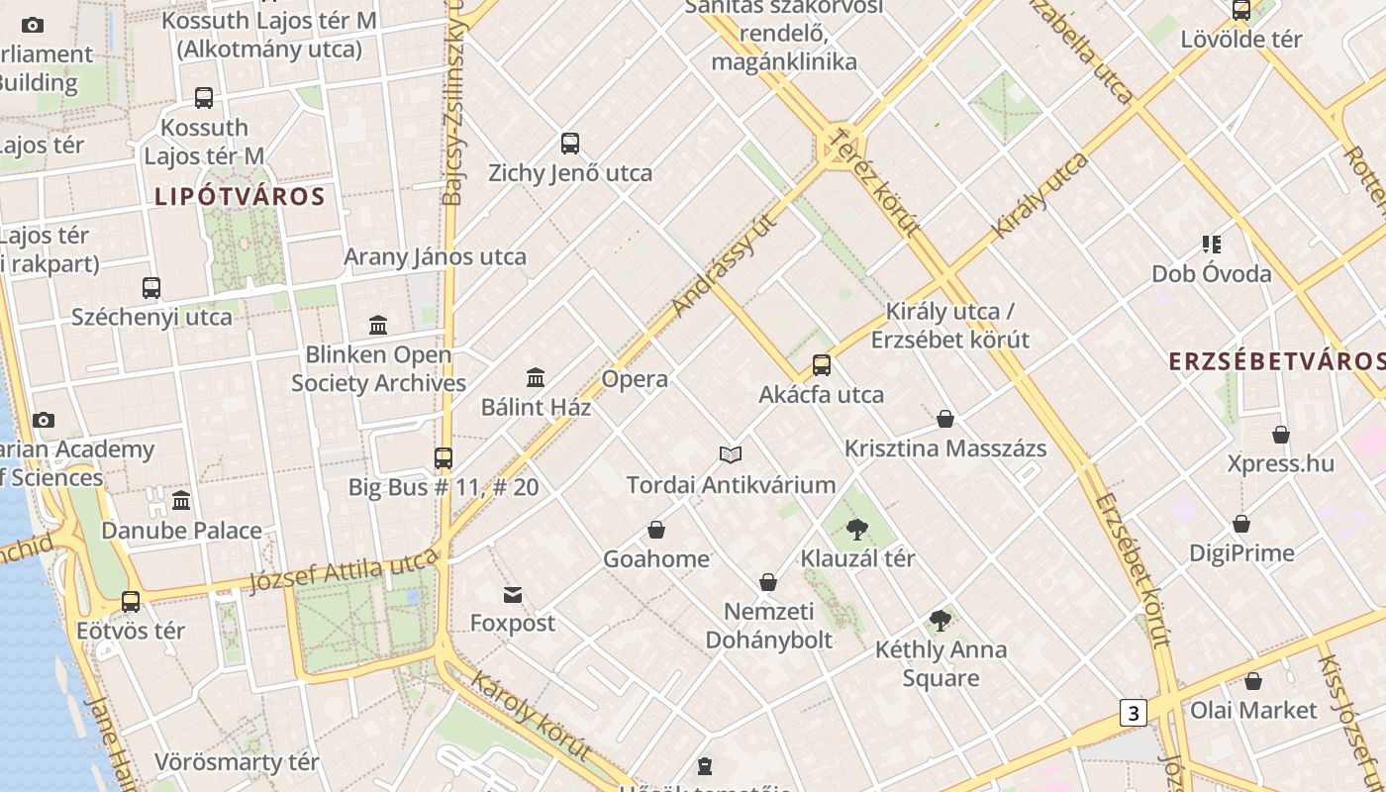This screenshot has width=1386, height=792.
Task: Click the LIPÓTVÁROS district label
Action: coord(240,196)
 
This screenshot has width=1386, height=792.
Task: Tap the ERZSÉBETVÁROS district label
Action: coord(1276,360)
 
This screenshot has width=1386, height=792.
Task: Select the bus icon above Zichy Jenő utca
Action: coord(570,143)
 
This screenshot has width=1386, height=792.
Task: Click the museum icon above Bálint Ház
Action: coord(536,377)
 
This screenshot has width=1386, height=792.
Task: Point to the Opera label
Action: coord(635,379)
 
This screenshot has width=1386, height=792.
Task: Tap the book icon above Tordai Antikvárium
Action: coord(731,454)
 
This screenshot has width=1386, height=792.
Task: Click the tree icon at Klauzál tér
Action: coord(857,529)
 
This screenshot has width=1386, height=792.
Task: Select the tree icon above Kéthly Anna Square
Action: coord(940,621)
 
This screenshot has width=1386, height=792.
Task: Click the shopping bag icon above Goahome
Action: coord(656,530)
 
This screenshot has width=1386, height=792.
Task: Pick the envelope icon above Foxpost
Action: coord(513,594)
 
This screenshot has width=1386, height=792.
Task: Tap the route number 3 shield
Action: coord(1134,712)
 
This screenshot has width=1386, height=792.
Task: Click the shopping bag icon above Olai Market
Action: coord(1253,681)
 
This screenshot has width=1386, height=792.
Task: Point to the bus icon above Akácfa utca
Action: coord(822,365)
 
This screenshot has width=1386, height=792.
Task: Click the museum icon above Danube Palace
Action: coord(181,501)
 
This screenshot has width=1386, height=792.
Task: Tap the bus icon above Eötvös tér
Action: coord(131,601)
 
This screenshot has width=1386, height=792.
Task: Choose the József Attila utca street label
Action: coord(343,572)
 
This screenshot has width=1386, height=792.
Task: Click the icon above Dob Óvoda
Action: coord(1211,244)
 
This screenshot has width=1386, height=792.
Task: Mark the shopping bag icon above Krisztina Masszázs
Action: coord(945,419)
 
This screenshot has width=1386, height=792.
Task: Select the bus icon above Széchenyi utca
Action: coord(151,288)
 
